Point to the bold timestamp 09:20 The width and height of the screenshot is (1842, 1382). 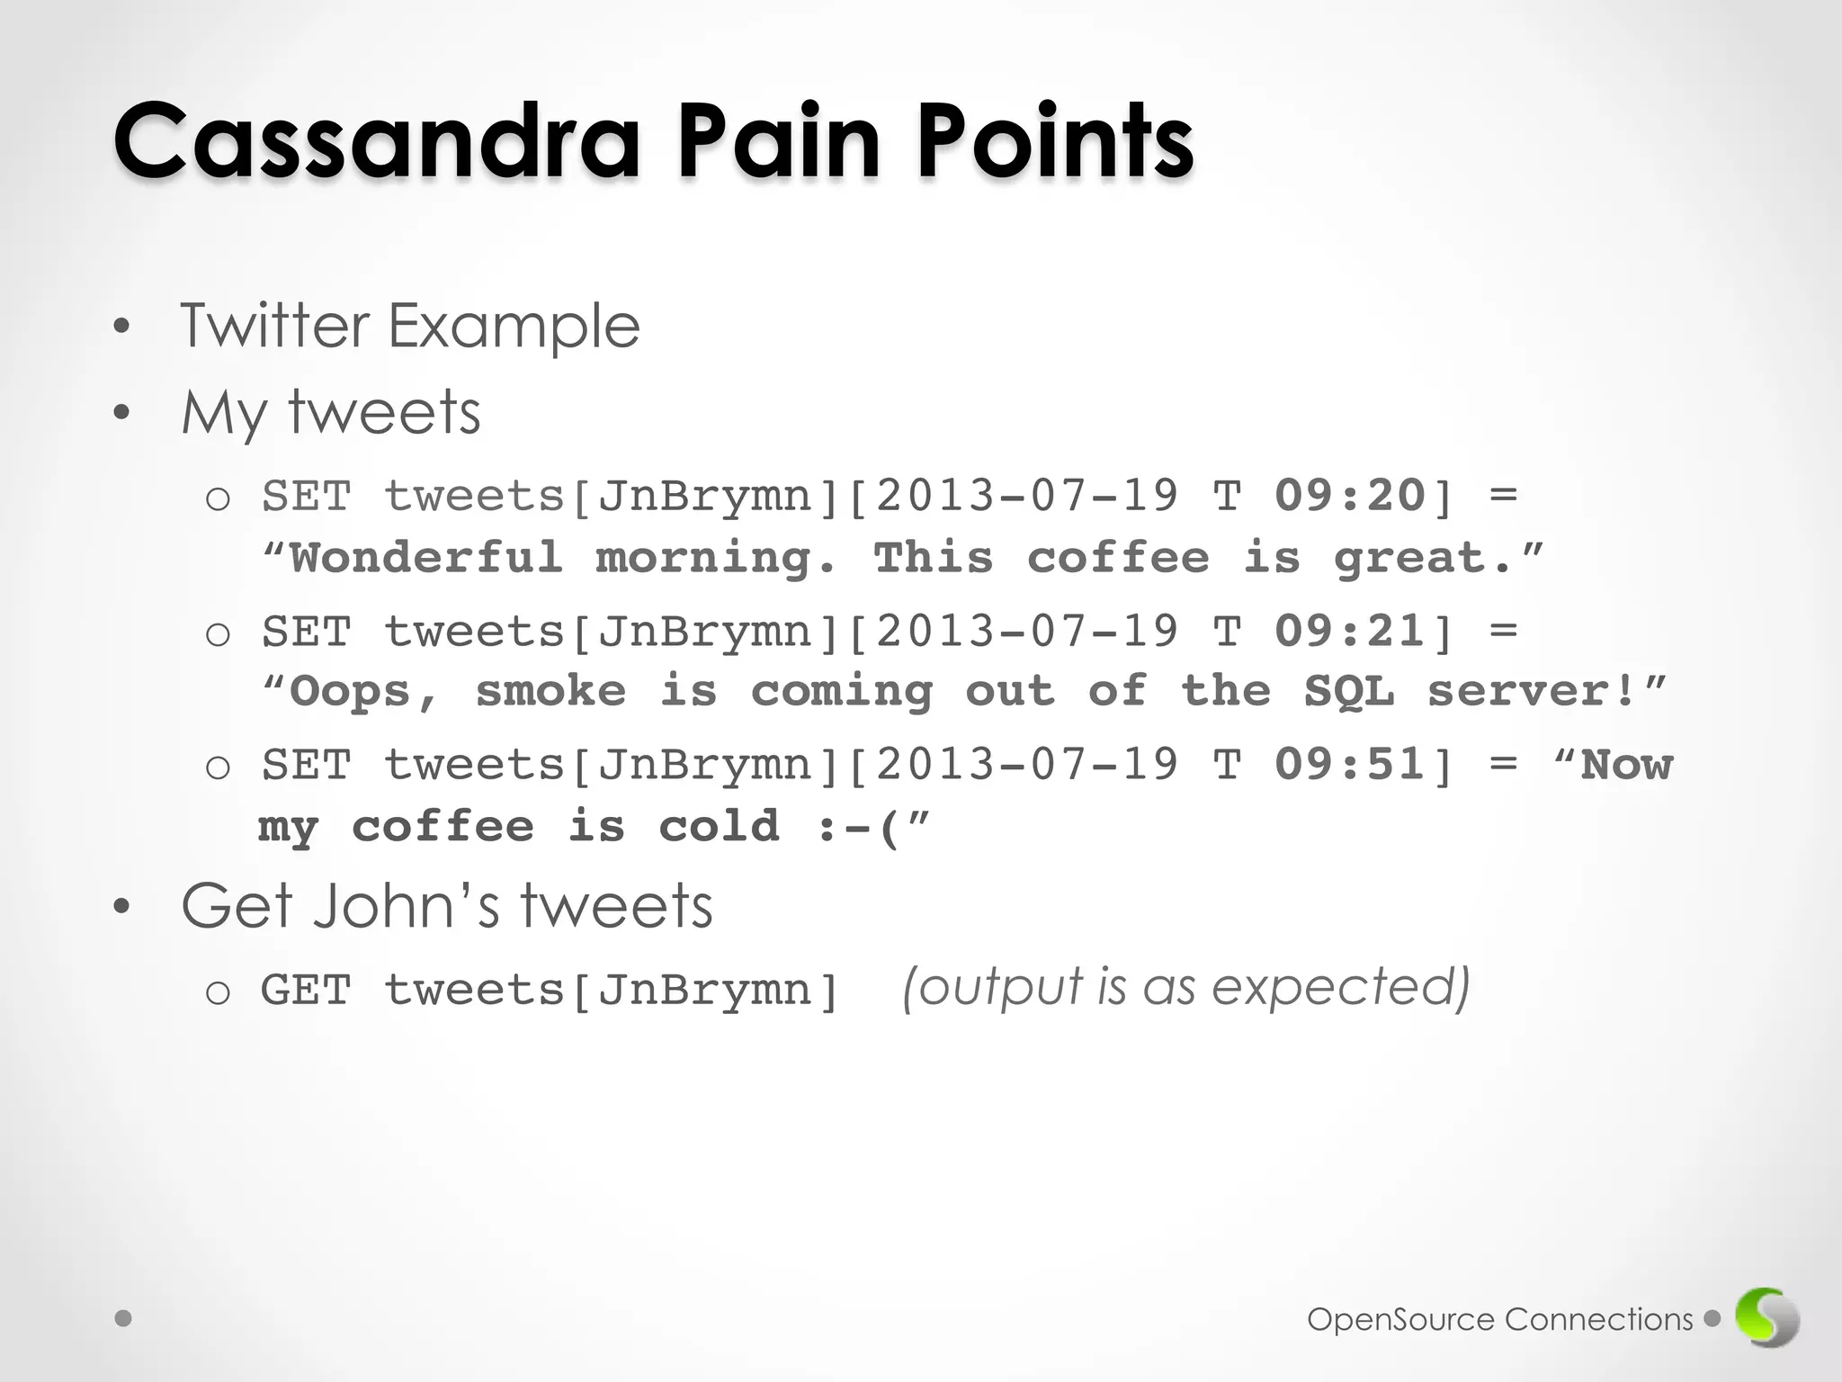1350,496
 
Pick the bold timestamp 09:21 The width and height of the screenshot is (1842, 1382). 1350,631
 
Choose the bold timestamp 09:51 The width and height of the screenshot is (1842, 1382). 1350,765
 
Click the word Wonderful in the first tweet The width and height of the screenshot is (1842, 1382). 426,558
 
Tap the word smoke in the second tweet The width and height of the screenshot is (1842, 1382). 550,692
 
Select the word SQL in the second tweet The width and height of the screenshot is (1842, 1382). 1349,692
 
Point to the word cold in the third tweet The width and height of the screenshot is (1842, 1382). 719,827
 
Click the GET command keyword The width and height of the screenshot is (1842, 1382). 306,991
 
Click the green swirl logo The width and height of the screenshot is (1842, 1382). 1766,1318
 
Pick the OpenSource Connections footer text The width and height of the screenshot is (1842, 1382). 1499,1320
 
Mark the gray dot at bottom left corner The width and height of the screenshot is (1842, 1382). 124,1318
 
